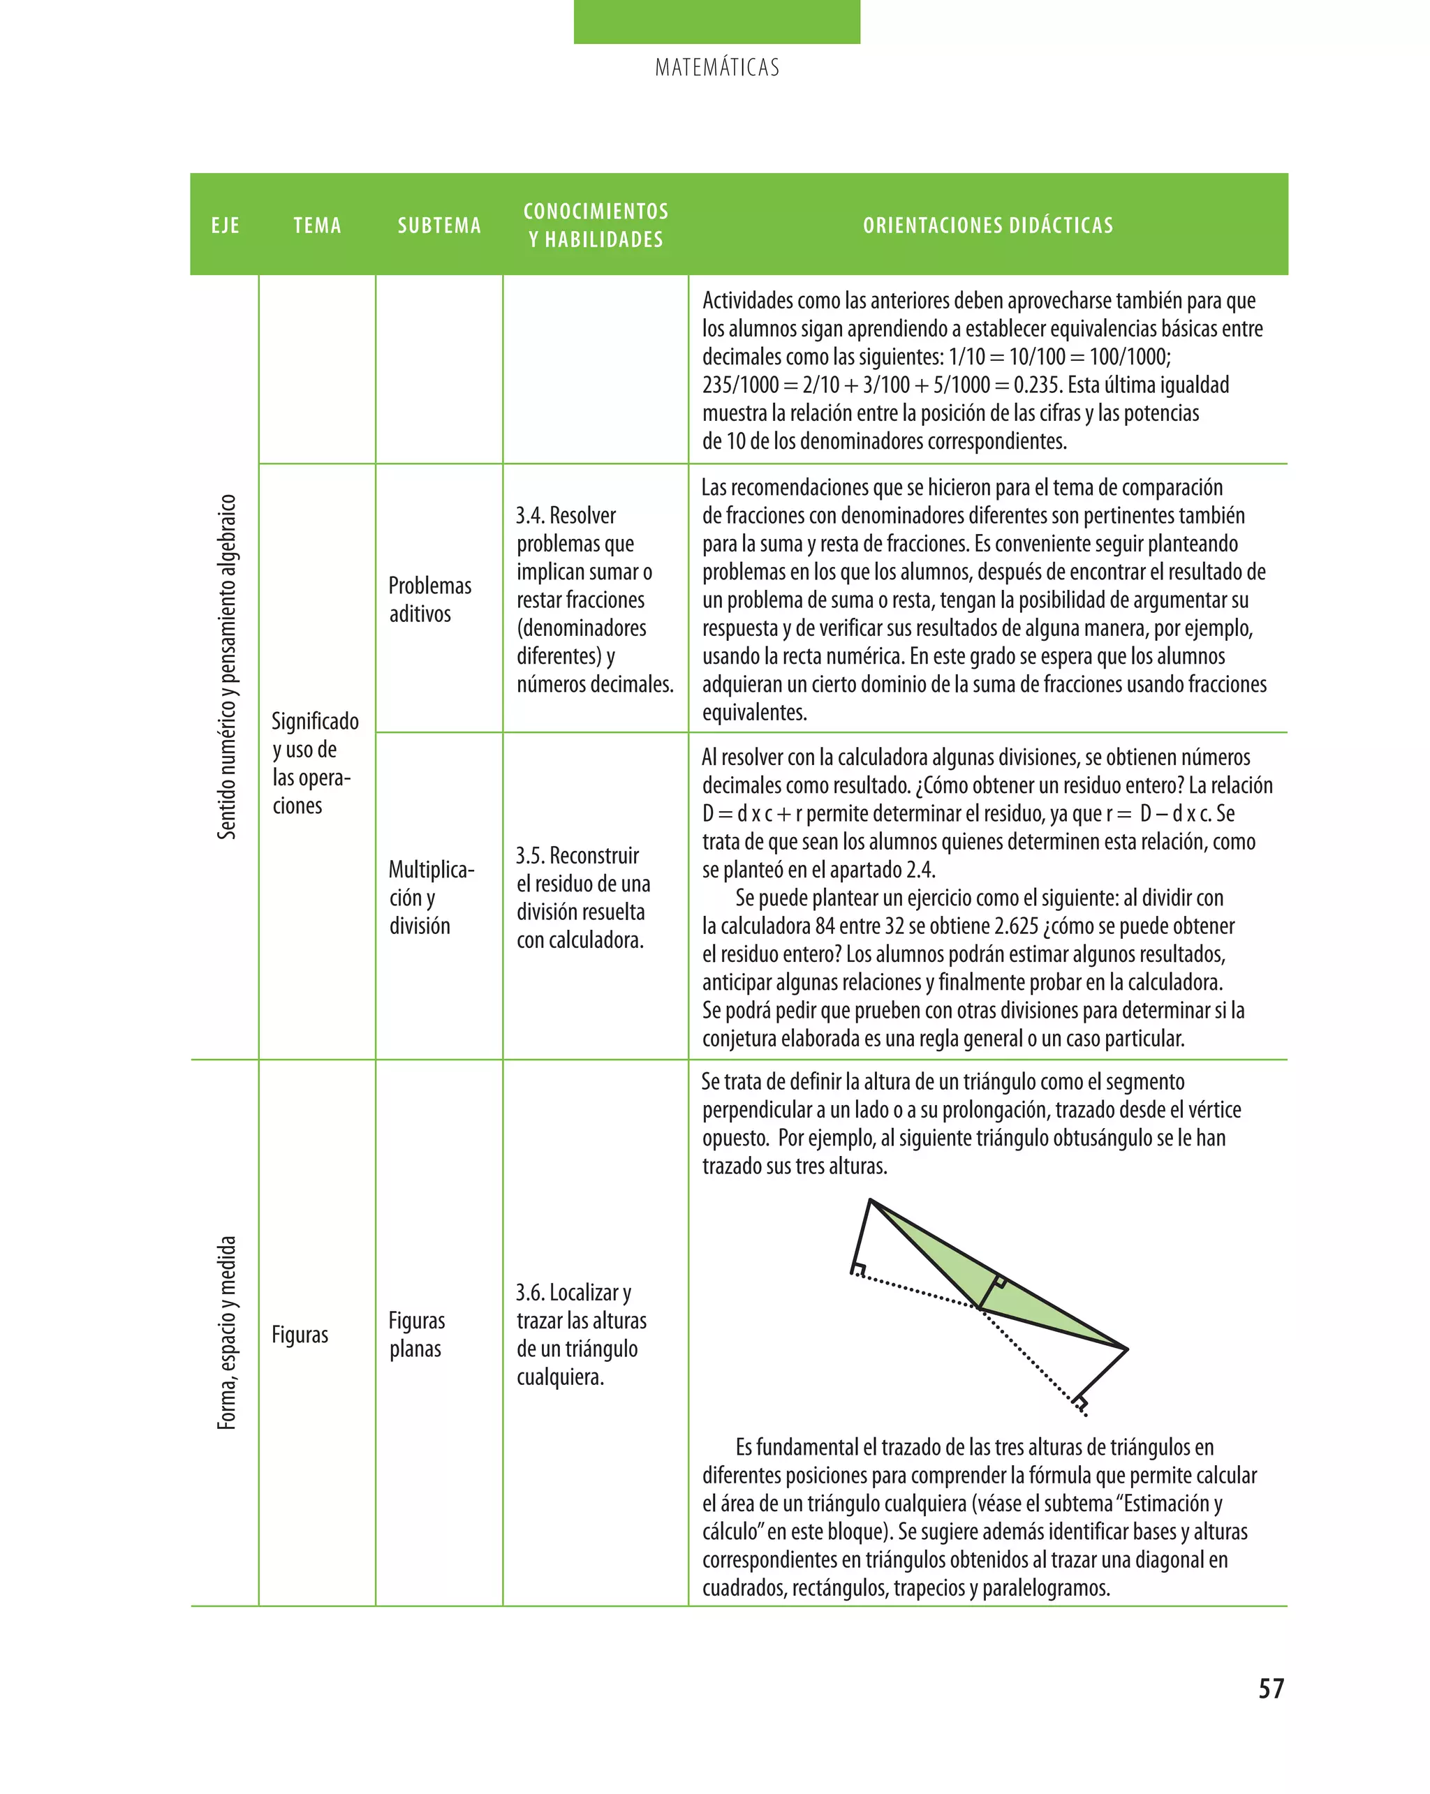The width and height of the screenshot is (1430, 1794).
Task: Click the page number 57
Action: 1271,1689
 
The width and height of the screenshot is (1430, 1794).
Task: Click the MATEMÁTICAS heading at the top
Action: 716,68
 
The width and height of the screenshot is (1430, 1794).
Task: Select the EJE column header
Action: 226,225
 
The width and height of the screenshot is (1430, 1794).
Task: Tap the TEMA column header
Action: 317,225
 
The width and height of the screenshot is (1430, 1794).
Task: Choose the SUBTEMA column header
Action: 439,225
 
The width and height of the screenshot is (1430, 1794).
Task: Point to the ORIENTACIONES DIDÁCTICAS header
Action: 988,225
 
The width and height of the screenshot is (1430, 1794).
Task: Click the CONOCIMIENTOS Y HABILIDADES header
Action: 596,225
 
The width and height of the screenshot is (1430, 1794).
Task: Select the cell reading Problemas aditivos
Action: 429,599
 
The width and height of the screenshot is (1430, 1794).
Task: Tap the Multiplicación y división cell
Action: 430,897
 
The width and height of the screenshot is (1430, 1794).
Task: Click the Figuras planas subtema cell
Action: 416,1334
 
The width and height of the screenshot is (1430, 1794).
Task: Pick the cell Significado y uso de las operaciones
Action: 315,763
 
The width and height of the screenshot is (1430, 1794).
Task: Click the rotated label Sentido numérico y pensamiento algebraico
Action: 226,667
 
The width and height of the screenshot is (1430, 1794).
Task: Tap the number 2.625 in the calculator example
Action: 1015,926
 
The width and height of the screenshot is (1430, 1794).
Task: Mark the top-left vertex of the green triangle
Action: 870,1200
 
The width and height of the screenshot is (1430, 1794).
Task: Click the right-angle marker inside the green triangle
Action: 1000,1282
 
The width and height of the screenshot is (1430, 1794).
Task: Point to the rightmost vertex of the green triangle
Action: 1127,1349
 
